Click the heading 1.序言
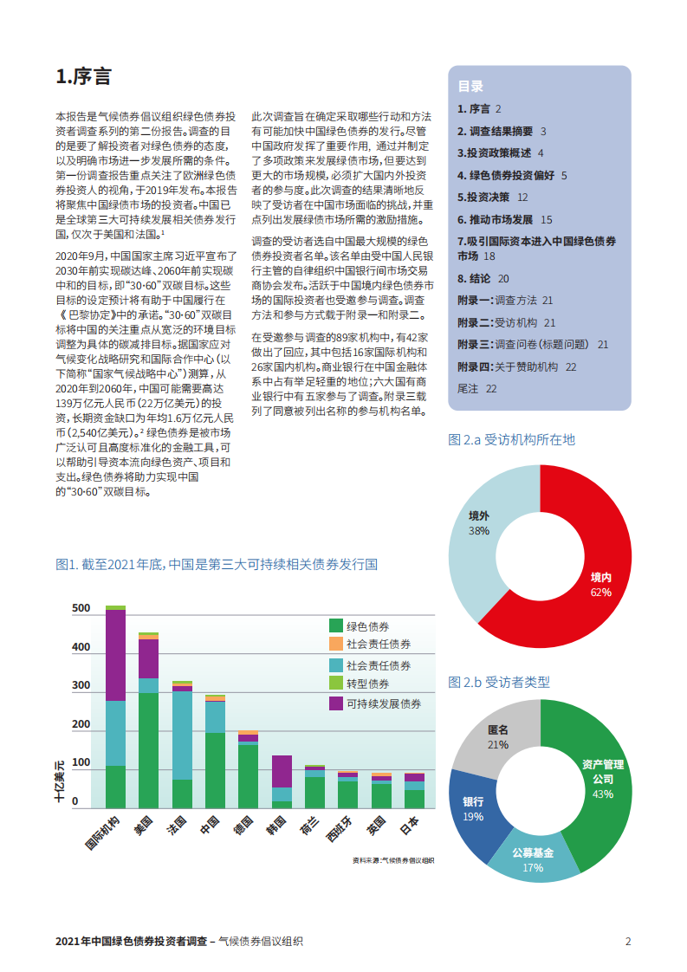point(83,77)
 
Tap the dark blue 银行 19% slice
point(472,810)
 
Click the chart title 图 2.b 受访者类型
point(499,683)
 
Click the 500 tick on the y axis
point(81,609)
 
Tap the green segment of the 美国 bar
point(148,749)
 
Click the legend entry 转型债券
point(367,684)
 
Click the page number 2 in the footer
point(628,942)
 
